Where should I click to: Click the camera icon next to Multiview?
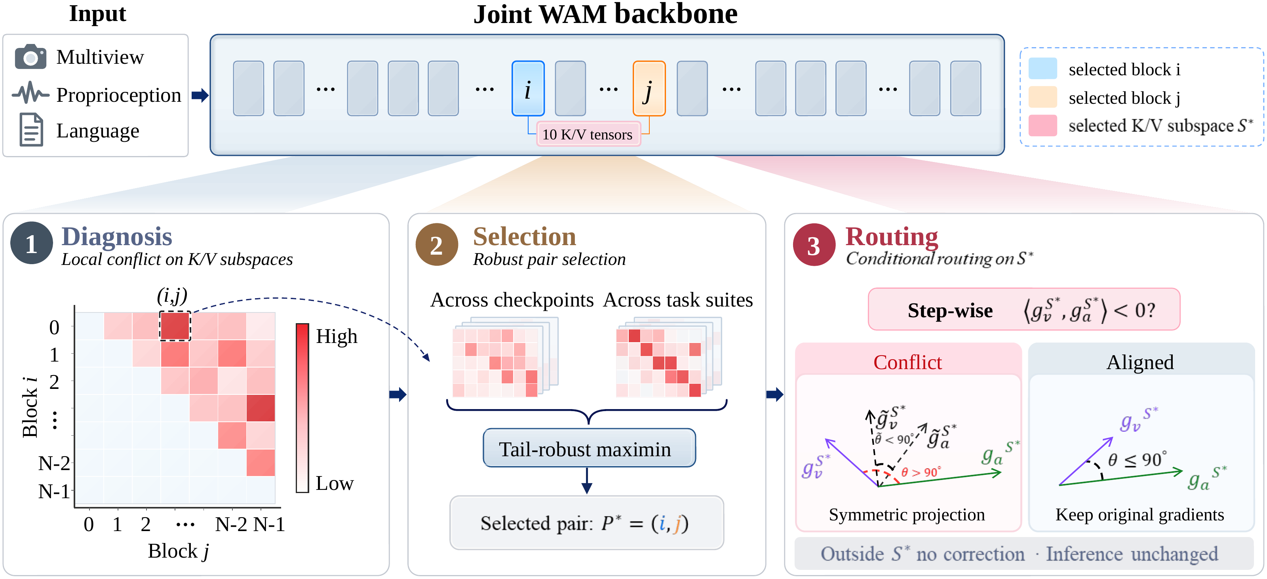point(30,57)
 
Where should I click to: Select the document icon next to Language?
point(31,130)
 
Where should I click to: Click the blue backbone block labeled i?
point(528,89)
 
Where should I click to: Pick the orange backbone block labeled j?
point(649,89)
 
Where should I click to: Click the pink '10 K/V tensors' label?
point(588,134)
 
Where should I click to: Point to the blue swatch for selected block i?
point(1043,69)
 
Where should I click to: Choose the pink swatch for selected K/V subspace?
point(1043,126)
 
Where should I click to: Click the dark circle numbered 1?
point(32,243)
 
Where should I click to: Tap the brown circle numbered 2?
point(437,244)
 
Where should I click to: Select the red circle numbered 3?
point(814,244)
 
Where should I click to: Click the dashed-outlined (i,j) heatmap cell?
point(175,326)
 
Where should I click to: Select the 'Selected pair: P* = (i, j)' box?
point(586,523)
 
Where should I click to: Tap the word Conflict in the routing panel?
point(907,362)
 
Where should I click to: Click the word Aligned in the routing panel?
point(1140,362)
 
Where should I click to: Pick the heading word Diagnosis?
point(116,236)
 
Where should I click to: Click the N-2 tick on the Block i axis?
point(54,463)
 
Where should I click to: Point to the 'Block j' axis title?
point(179,551)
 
